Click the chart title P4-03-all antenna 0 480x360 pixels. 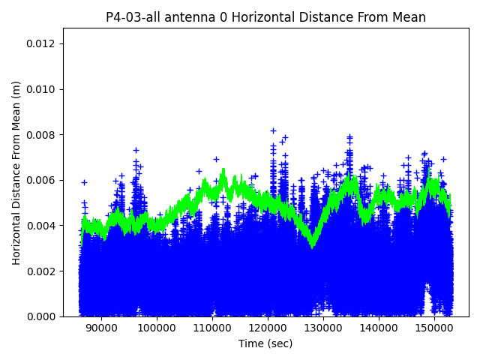click(265, 17)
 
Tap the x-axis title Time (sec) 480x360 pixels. click(265, 343)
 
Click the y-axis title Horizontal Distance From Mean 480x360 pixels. click(16, 172)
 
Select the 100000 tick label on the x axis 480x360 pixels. click(156, 328)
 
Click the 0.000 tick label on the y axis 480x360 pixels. click(43, 316)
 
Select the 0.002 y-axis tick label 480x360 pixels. click(43, 271)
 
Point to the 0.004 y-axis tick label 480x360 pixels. click(43, 226)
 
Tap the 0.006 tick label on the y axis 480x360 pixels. click(43, 180)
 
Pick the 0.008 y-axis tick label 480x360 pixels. click(43, 135)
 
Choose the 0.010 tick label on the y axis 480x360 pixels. click(43, 89)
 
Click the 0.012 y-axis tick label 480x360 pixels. click(43, 43)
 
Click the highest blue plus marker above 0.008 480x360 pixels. click(273, 130)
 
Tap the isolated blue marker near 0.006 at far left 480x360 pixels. click(84, 182)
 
